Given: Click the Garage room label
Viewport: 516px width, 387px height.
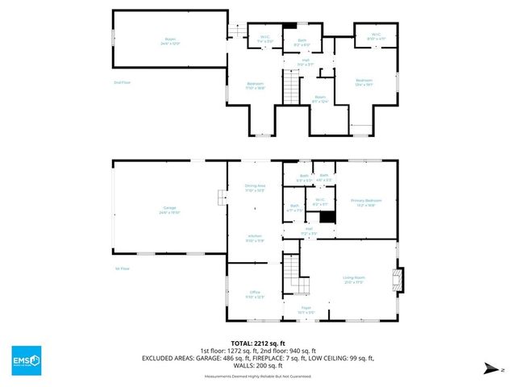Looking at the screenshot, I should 169,210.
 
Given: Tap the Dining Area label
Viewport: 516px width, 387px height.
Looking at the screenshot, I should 255,189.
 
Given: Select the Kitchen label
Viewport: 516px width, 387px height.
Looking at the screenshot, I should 255,238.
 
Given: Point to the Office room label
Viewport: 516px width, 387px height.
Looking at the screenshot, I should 255,294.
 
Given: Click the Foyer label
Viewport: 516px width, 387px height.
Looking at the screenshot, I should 306,309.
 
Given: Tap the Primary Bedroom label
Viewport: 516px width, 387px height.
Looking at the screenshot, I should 365,202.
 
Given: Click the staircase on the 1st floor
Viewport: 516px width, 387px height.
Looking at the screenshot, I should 292,274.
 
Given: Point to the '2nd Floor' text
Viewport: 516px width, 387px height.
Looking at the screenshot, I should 122,81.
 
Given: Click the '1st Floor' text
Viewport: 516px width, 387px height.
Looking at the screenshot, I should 122,268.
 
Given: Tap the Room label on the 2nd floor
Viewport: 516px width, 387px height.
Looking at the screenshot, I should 320,98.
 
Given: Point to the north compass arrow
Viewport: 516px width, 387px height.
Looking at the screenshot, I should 491,368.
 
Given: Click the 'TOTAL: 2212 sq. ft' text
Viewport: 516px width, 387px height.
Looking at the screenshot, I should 258,343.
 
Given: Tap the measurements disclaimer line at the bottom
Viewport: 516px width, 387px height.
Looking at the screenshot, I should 258,375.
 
